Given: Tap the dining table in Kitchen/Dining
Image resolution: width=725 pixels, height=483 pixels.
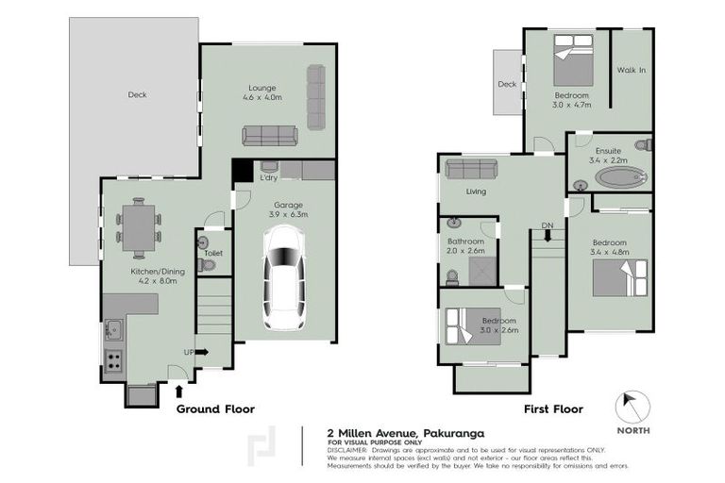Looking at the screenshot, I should pyautogui.click(x=139, y=227).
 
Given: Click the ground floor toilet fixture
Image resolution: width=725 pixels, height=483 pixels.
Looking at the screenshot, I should pyautogui.click(x=206, y=265).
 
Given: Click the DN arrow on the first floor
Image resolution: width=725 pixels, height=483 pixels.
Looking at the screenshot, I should pyautogui.click(x=548, y=237).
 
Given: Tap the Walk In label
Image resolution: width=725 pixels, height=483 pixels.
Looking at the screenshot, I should pyautogui.click(x=631, y=70).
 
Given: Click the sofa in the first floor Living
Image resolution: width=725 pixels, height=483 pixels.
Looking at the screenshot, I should pyautogui.click(x=472, y=169).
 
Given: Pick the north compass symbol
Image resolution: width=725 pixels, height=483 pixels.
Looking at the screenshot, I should pyautogui.click(x=633, y=408).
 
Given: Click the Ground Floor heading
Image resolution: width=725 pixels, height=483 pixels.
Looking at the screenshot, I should pyautogui.click(x=215, y=409).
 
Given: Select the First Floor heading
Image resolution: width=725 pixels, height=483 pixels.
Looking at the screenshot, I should pyautogui.click(x=553, y=409).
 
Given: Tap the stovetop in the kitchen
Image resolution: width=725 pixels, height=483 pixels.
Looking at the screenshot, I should pyautogui.click(x=114, y=359).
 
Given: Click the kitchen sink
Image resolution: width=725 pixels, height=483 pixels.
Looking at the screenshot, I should pyautogui.click(x=114, y=329).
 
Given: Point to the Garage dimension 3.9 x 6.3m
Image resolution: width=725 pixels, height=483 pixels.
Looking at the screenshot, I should pyautogui.click(x=291, y=214).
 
